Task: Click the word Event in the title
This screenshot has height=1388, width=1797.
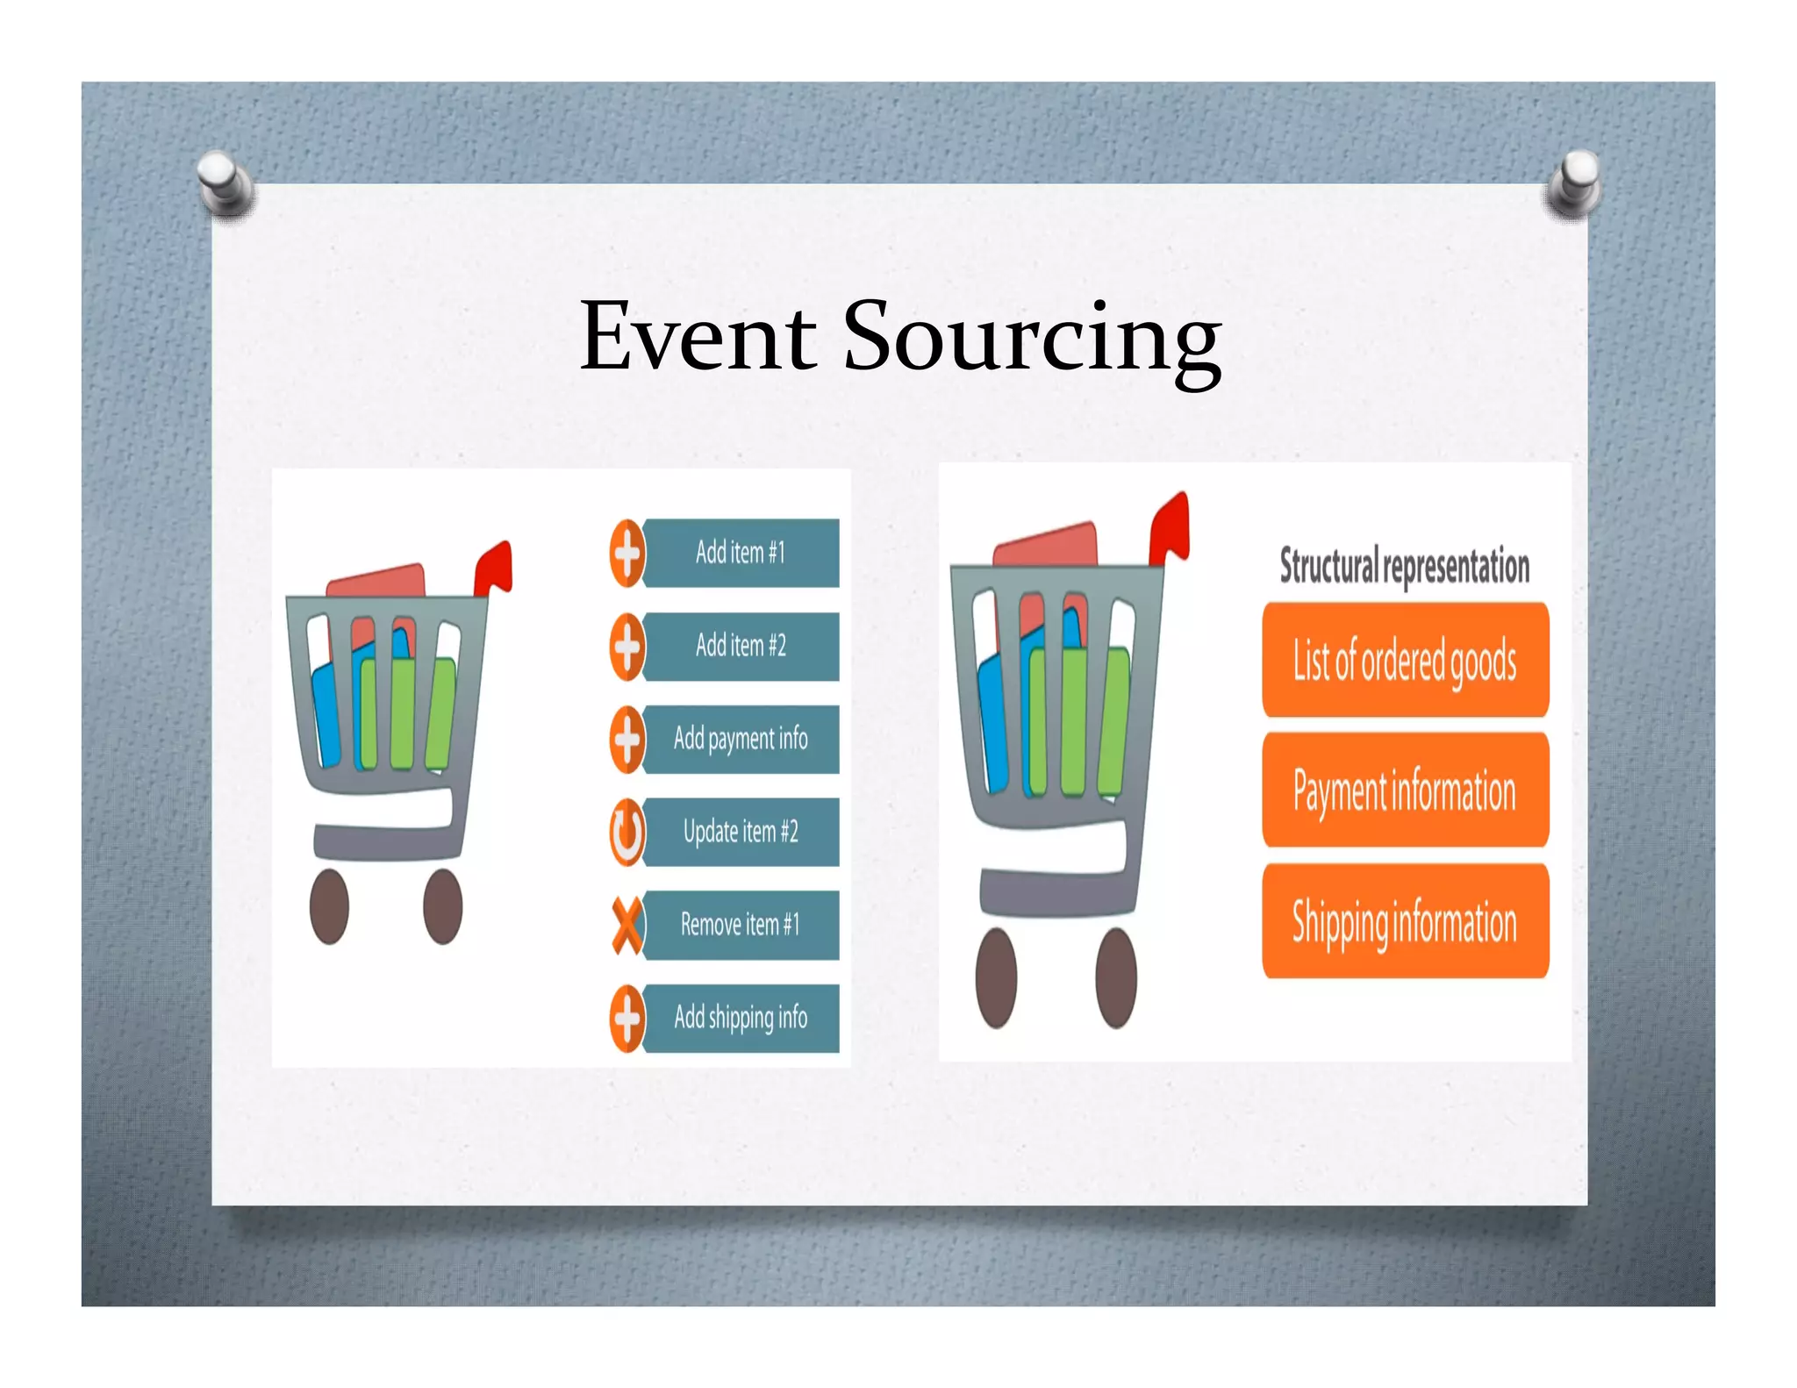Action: [698, 337]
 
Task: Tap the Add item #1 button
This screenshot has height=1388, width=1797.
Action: [741, 553]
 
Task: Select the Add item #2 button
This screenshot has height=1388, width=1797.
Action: [741, 646]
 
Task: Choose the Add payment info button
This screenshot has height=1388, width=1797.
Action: [741, 739]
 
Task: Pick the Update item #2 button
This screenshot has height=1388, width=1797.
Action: [741, 832]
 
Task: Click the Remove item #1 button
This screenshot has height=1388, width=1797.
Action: [741, 925]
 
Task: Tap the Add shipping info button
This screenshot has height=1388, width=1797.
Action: [741, 1018]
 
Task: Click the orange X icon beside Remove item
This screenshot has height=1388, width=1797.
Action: [626, 926]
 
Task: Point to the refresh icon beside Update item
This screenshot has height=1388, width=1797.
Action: [626, 832]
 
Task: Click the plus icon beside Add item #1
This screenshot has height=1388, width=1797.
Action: [626, 553]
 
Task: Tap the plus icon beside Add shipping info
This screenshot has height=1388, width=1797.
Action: [626, 1018]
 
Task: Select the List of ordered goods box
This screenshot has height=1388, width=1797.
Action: [1405, 660]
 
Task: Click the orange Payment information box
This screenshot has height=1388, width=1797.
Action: [1405, 790]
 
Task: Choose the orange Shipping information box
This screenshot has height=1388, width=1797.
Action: [1405, 921]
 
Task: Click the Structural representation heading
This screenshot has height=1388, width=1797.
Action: [1404, 565]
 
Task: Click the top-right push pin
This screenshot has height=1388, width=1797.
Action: [1574, 182]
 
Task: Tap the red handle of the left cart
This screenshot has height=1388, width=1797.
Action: [493, 569]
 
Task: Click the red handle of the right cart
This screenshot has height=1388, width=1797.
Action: [1171, 526]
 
